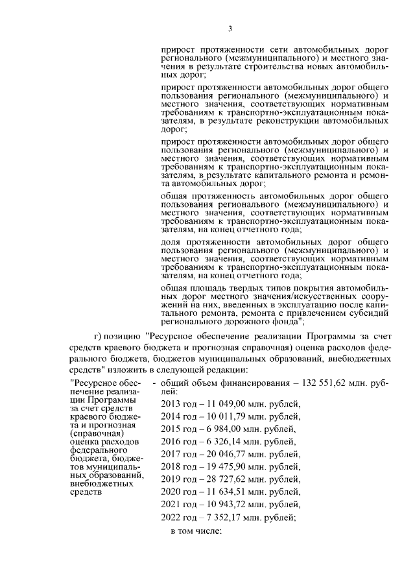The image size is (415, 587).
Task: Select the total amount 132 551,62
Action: point(303,384)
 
